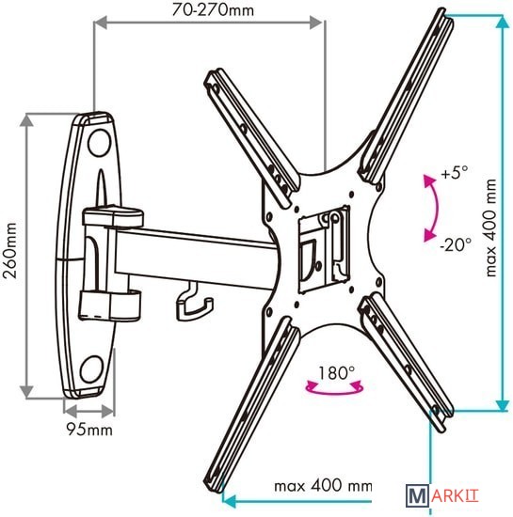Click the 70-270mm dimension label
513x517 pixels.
(213, 10)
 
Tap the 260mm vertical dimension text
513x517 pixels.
(9, 251)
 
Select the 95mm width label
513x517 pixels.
(89, 430)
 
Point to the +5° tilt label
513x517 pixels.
(455, 172)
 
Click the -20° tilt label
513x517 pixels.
(456, 244)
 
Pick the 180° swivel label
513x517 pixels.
(336, 373)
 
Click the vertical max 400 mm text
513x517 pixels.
(491, 227)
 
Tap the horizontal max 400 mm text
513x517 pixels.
(323, 486)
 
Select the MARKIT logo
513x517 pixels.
(442, 495)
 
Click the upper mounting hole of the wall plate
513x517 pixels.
(99, 143)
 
